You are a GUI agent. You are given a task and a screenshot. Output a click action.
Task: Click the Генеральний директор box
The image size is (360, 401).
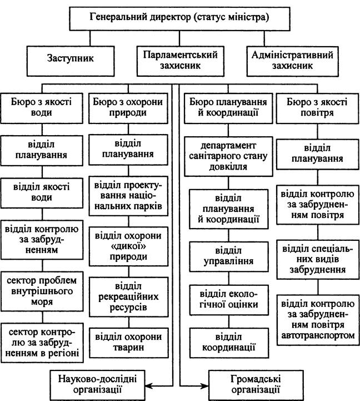[179, 19]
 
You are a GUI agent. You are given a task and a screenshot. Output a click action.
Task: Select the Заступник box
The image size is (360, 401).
[71, 61]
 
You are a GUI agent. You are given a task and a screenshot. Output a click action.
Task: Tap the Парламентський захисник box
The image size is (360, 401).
[181, 61]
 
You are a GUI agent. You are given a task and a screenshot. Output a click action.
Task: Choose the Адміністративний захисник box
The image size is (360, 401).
[293, 61]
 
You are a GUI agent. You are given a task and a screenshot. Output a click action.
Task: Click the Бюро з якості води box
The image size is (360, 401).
[42, 108]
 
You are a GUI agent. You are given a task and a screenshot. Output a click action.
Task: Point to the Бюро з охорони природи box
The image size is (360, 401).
[128, 108]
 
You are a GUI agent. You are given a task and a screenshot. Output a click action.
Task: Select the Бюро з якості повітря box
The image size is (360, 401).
[318, 108]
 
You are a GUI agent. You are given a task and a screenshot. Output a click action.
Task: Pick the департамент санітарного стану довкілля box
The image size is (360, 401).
[228, 156]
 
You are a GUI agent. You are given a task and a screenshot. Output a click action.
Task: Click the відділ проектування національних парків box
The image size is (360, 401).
[128, 196]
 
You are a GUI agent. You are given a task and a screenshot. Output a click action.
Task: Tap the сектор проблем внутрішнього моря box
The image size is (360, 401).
[42, 291]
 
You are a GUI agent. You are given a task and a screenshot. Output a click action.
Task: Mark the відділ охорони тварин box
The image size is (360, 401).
[129, 343]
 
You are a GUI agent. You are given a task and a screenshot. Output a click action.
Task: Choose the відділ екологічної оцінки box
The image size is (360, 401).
[229, 300]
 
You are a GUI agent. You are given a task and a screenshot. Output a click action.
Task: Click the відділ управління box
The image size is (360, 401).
[229, 256]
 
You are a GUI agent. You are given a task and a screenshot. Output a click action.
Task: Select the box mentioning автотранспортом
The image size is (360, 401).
[318, 320]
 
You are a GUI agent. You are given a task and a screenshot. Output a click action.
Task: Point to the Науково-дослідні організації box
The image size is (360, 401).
[98, 385]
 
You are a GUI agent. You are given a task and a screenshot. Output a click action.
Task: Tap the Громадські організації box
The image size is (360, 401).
[256, 385]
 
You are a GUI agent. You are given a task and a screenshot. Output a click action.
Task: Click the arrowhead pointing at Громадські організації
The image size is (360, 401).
[204, 385]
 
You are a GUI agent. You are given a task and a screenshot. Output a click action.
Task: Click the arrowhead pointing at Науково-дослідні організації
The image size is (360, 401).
[149, 385]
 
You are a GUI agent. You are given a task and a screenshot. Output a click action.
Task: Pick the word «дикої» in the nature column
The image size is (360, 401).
[128, 246]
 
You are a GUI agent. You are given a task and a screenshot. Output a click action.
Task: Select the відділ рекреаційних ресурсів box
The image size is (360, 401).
[129, 297]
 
